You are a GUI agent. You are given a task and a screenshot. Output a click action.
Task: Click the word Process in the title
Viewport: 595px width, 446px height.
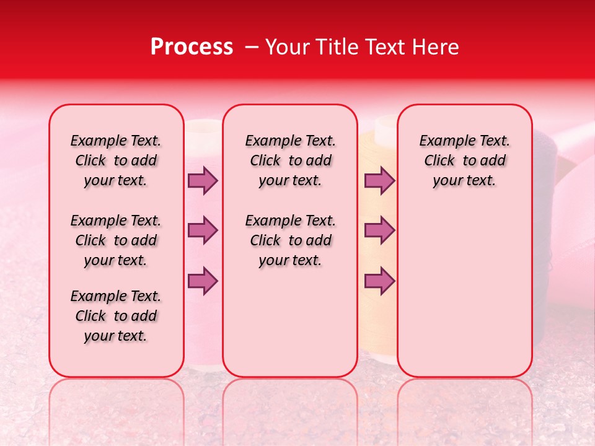(x=192, y=47)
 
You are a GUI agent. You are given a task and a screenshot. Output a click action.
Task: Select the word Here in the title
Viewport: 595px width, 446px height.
(x=433, y=47)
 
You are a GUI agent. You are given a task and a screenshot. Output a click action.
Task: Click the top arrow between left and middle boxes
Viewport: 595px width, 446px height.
(x=203, y=180)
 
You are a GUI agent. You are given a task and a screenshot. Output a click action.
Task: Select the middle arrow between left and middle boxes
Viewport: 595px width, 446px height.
(x=203, y=230)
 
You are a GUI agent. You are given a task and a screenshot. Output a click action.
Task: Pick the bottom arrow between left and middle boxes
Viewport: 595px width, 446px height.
(x=203, y=281)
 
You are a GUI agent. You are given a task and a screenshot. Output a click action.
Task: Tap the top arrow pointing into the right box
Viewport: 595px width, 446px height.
(x=379, y=180)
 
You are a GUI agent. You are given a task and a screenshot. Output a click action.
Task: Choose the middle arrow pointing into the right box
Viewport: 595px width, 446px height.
(x=379, y=230)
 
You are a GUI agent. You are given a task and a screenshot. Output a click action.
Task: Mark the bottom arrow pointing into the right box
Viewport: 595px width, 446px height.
(x=379, y=281)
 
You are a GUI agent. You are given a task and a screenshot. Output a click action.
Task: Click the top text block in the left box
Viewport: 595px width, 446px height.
(x=116, y=160)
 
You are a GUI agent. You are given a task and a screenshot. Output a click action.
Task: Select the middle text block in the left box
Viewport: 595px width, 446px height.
(x=116, y=240)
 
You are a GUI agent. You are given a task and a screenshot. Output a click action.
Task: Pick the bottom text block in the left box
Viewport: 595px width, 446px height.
(x=116, y=316)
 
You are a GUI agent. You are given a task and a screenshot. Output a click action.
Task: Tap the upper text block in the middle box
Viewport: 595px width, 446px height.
(x=291, y=160)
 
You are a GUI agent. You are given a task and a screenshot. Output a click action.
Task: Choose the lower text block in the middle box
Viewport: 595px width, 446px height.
(x=291, y=240)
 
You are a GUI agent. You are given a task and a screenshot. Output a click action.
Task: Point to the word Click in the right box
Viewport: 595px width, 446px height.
(x=439, y=161)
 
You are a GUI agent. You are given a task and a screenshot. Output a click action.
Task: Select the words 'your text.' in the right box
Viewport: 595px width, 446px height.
(x=464, y=181)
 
